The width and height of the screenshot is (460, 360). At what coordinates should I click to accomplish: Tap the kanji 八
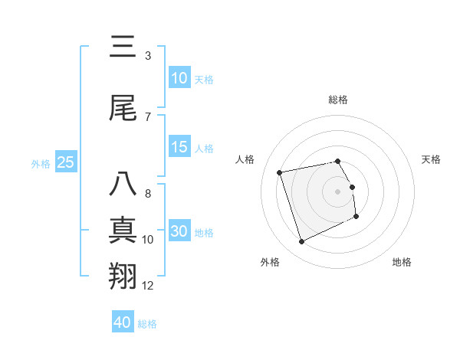123,185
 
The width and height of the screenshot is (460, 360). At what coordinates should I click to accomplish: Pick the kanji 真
123,231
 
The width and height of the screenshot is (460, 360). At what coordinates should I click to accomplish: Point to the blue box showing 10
179,78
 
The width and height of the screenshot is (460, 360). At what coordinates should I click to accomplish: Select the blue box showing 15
179,147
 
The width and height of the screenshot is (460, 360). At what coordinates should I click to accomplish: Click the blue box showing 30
179,231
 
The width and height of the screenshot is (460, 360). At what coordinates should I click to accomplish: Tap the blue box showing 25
65,162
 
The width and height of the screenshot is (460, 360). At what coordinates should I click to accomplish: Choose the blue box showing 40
123,322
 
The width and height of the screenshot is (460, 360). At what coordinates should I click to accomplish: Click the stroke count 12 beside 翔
148,286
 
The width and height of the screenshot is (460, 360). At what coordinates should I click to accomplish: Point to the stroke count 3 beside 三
148,56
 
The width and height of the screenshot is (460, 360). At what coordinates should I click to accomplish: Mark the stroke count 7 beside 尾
148,116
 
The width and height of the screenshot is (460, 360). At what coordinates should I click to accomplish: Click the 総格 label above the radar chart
338,100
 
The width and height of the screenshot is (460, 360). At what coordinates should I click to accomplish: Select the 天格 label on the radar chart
432,159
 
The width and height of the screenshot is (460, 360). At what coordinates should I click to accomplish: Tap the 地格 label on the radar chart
402,262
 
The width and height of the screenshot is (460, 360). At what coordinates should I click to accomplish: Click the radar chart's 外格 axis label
270,262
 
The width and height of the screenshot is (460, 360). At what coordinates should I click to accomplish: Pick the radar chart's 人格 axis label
245,159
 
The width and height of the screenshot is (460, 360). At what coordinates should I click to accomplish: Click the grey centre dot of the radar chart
338,191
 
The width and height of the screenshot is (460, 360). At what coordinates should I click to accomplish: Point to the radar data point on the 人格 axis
280,172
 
